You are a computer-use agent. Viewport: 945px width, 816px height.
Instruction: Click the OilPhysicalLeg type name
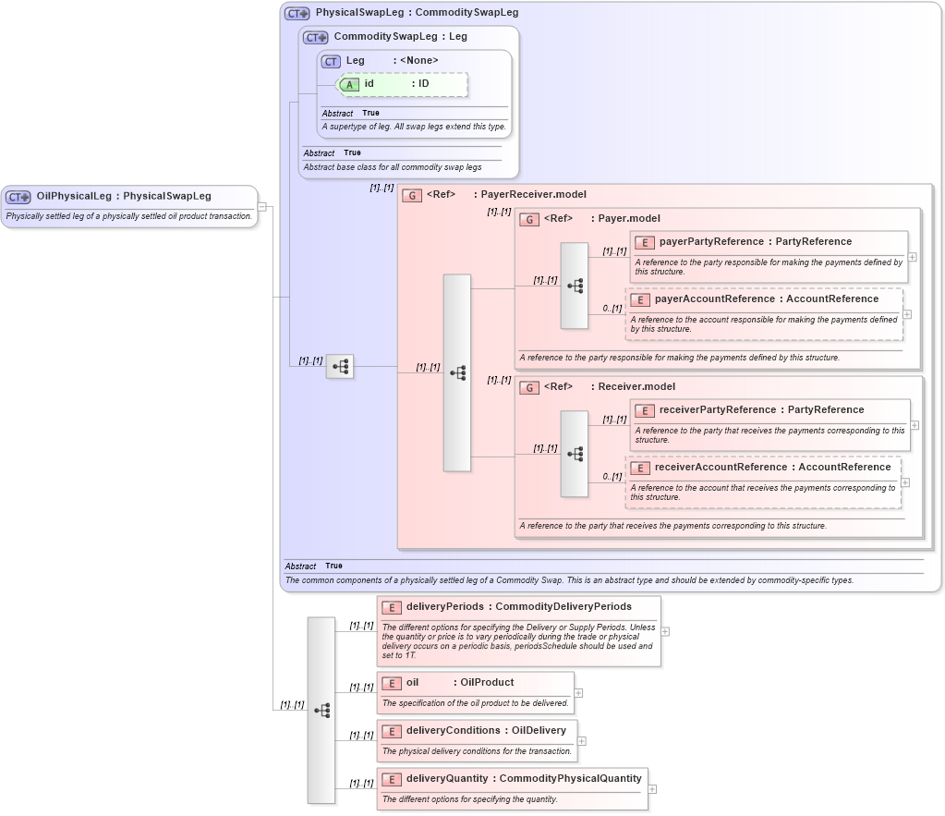pos(74,196)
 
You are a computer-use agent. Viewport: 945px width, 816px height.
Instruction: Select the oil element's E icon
pos(391,683)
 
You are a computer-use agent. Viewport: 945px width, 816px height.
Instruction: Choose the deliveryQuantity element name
pos(447,778)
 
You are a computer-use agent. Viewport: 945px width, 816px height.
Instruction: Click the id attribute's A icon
pos(349,84)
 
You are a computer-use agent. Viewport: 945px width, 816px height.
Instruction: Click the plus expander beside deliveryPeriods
pos(665,631)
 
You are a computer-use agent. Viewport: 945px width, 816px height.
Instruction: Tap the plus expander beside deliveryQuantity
pos(652,789)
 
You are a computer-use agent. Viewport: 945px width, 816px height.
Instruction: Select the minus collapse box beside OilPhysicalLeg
pos(262,206)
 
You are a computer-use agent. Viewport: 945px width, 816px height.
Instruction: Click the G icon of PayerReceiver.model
pos(412,195)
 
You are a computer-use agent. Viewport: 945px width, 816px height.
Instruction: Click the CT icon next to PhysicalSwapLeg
pos(297,14)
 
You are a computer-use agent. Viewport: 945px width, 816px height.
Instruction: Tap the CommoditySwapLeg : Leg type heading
pos(400,37)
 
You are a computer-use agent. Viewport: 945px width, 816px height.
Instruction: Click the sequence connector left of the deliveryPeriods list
pos(321,710)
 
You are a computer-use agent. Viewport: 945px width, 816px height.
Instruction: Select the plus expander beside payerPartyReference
pos(913,257)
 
